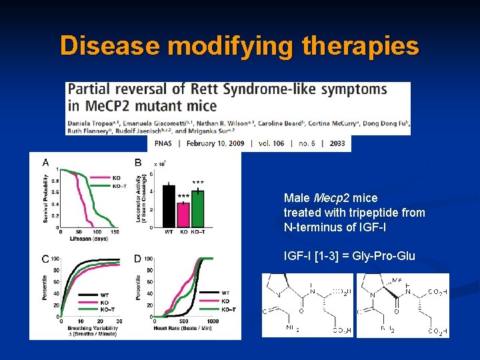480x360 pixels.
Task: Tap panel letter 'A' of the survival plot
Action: pyautogui.click(x=45, y=162)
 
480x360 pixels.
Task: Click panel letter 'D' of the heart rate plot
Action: pyautogui.click(x=137, y=258)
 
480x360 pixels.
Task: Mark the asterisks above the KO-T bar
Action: pyautogui.click(x=198, y=182)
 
